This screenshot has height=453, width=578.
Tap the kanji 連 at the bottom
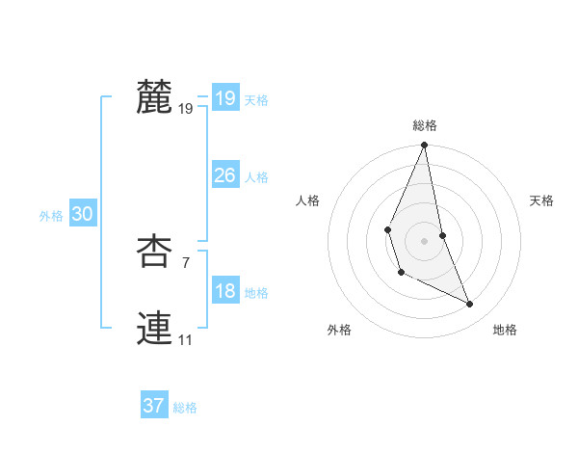[154, 329]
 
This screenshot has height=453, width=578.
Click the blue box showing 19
[224, 98]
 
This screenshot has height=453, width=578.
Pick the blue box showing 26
[224, 175]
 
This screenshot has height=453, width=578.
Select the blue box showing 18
[224, 291]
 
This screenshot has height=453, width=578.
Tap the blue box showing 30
[82, 215]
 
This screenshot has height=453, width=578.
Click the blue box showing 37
[153, 406]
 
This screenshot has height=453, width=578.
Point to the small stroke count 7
[186, 262]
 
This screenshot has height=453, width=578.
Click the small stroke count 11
[186, 339]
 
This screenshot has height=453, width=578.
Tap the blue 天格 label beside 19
[256, 100]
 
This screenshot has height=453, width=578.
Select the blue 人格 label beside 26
[256, 177]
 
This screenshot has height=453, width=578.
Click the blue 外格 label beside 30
[51, 216]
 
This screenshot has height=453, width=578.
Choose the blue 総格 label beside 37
[185, 408]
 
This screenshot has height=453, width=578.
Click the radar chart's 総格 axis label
[425, 125]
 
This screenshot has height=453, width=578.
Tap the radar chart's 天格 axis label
[542, 200]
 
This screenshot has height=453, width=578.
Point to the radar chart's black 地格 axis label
[505, 330]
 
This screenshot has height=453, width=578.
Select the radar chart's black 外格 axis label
[339, 330]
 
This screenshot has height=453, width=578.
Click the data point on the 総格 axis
[425, 146]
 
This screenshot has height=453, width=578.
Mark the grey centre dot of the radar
[425, 240]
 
